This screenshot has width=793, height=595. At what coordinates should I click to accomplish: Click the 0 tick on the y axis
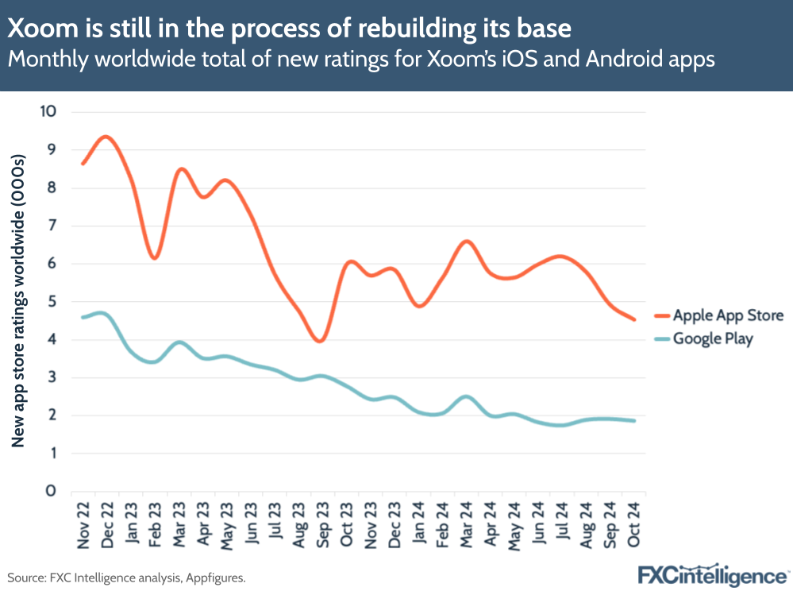point(51,491)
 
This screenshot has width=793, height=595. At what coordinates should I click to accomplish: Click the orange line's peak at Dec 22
point(106,137)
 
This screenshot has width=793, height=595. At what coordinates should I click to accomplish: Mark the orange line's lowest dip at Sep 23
point(319,341)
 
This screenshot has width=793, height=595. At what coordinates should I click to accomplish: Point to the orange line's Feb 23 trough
point(154,257)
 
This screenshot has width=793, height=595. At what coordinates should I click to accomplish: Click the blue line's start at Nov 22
point(83,317)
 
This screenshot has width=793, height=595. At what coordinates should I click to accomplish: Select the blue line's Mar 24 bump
point(466,396)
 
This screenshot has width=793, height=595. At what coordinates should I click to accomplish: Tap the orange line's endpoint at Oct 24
point(633,319)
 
